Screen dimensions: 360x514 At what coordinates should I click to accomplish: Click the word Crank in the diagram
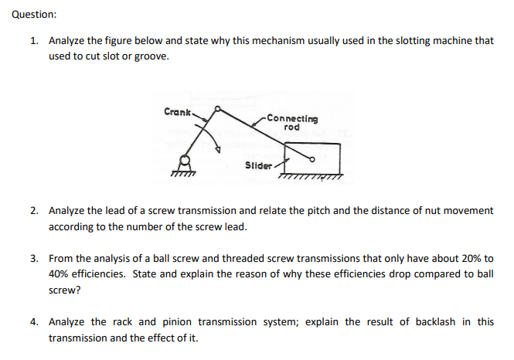click(x=177, y=112)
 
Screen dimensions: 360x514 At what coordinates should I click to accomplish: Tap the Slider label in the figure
click(x=258, y=165)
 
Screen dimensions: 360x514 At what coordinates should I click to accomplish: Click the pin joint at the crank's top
click(x=218, y=109)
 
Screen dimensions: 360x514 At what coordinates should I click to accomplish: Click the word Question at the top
click(x=34, y=15)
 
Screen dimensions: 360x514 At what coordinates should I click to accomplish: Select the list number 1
click(x=35, y=41)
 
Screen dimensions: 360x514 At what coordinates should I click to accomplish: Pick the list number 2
click(x=35, y=210)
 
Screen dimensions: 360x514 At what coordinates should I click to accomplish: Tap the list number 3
click(x=35, y=258)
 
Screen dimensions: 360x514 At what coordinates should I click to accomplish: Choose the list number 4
click(x=35, y=321)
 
